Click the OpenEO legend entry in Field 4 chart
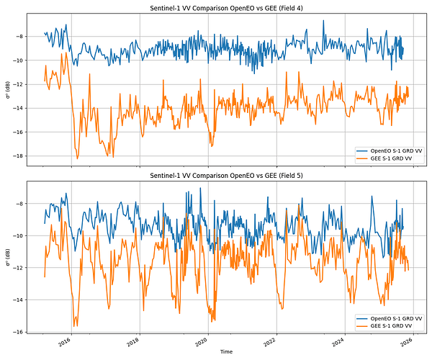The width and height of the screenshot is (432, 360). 395,150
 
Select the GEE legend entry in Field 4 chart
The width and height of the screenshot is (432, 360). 392,158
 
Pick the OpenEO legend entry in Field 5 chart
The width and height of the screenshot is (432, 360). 395,318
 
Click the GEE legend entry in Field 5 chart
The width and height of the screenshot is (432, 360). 392,325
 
